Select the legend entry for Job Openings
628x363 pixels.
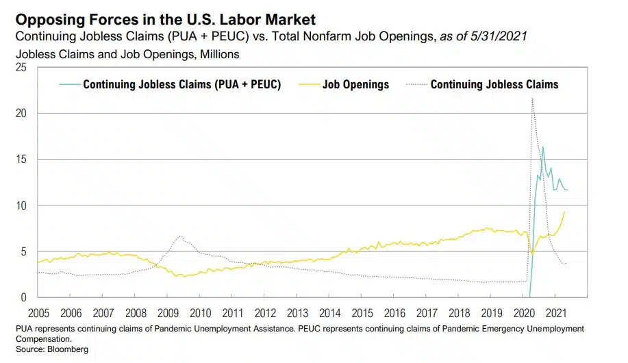(356, 85)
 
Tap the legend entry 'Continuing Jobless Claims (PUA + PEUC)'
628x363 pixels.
(181, 85)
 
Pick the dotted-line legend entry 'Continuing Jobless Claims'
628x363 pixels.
(494, 85)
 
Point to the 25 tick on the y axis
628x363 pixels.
(21, 67)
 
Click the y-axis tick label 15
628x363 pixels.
(21, 160)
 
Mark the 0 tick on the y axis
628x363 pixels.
(23, 298)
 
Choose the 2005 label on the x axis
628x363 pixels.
(40, 313)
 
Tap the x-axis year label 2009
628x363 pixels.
(168, 313)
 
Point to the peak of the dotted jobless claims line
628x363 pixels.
(532, 99)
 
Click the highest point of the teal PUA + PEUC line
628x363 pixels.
(543, 147)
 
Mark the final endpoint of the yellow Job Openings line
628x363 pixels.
(565, 212)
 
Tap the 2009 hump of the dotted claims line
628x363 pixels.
(180, 236)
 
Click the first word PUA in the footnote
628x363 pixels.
(23, 329)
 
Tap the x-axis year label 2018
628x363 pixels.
(458, 313)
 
